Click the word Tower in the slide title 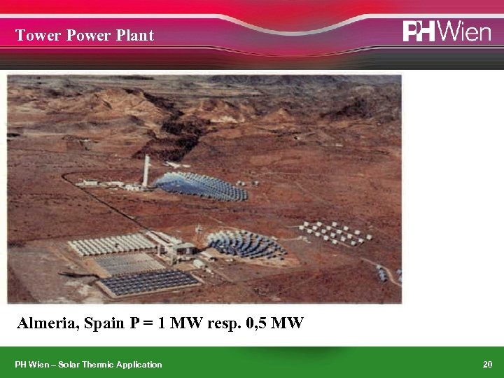38,36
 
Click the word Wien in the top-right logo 467,31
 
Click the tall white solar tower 146,171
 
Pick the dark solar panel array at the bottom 149,281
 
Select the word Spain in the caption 105,323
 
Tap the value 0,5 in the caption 260,323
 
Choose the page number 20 487,364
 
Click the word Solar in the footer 71,364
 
